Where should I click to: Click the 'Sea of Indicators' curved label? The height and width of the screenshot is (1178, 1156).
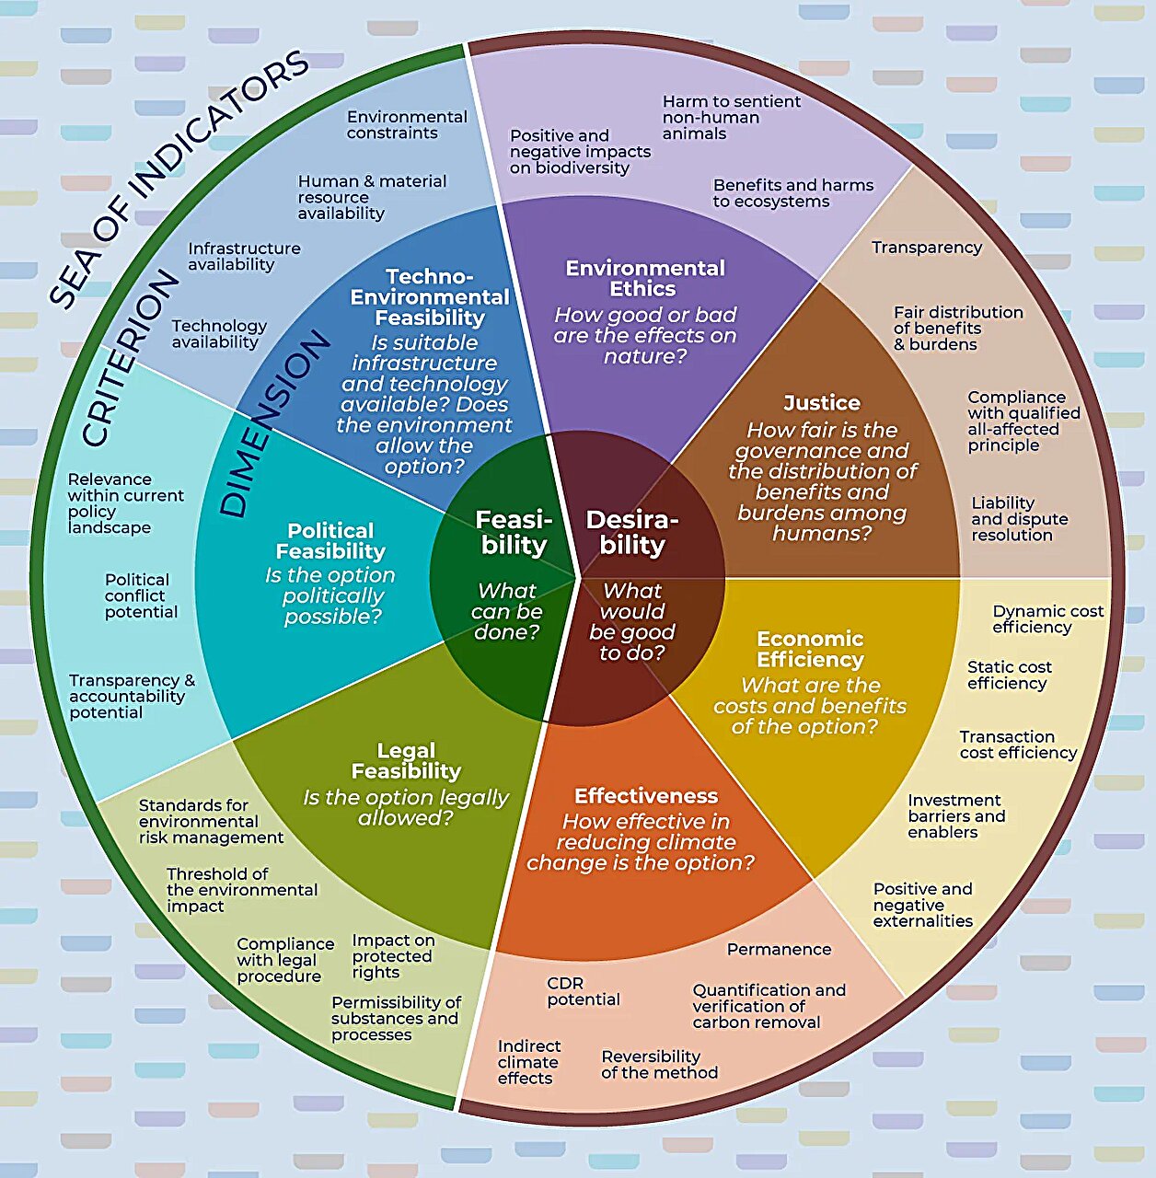[x=179, y=175]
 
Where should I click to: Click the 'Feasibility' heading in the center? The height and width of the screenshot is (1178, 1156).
[x=513, y=533]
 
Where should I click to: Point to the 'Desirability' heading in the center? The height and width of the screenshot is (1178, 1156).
[x=632, y=533]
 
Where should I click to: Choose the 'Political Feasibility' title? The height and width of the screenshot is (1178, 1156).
[x=330, y=541]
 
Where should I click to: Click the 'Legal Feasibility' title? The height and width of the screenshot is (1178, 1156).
[x=406, y=761]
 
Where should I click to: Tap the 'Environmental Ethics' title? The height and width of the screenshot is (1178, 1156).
[x=644, y=278]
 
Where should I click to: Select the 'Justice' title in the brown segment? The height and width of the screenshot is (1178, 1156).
[x=822, y=403]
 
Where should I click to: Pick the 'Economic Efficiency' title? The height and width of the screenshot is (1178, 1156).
[x=810, y=649]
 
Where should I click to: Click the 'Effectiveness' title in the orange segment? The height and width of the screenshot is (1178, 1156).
[x=646, y=796]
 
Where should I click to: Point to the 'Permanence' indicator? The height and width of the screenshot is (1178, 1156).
[x=779, y=949]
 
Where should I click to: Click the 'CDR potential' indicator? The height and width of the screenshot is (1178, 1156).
[x=584, y=991]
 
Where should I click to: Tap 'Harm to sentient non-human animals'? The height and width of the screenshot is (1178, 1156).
[x=731, y=117]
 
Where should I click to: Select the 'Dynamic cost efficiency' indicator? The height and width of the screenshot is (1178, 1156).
[x=1047, y=619]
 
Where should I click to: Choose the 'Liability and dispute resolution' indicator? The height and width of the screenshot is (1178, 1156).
[x=1019, y=518]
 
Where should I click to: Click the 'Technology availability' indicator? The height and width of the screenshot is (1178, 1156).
[x=218, y=333]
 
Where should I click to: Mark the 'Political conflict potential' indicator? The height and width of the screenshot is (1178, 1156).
[x=141, y=595]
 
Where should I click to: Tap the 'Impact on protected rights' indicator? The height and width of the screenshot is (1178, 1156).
[x=392, y=956]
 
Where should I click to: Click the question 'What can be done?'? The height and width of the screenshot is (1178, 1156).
[x=507, y=611]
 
